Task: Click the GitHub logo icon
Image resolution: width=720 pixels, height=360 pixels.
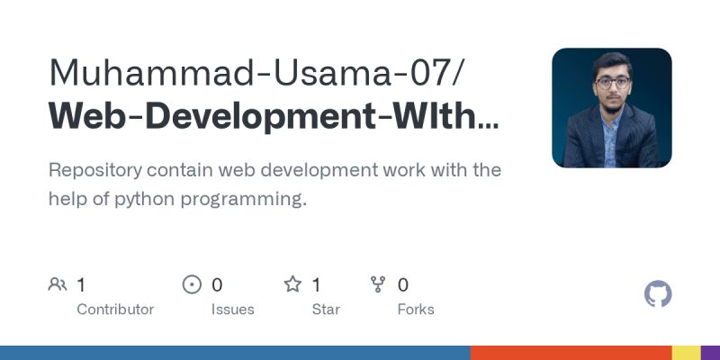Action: point(659,294)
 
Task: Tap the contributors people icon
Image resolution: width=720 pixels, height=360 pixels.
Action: point(58,285)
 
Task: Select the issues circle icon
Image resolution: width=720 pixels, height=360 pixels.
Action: point(192,285)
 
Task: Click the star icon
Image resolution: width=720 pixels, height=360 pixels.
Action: point(292,285)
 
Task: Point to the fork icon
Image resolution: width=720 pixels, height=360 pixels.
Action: point(379,285)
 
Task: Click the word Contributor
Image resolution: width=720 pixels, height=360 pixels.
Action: point(115,310)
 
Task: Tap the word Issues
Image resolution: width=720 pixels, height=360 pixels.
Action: point(232,310)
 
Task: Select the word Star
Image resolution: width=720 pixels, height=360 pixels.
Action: point(326,310)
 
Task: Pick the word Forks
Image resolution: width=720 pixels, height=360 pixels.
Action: point(416,310)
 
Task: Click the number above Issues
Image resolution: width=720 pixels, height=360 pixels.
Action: point(217,285)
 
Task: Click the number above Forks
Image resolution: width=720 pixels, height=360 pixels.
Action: point(403,285)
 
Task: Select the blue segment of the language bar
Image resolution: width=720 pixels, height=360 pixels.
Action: point(234,353)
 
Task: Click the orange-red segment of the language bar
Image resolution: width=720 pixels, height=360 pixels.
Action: point(571,353)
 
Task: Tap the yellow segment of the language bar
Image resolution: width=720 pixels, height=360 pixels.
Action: point(687,353)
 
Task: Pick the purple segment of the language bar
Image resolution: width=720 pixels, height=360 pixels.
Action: point(711,353)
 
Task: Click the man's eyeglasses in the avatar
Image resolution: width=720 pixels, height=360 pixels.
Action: point(612,83)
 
